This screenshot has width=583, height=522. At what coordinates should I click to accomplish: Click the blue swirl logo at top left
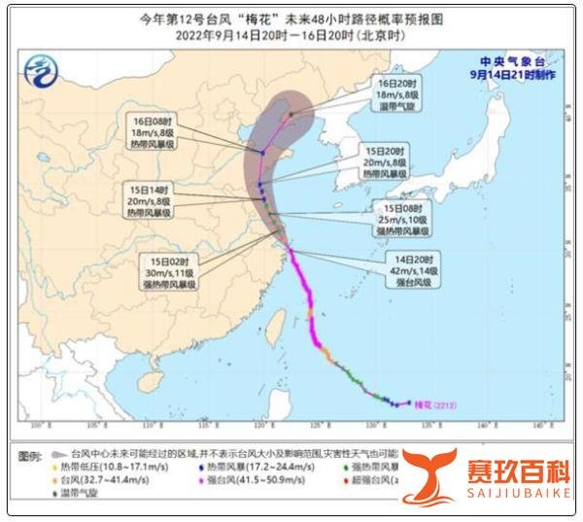tap(41, 70)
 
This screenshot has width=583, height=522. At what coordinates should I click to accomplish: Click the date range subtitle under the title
tap(291, 33)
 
